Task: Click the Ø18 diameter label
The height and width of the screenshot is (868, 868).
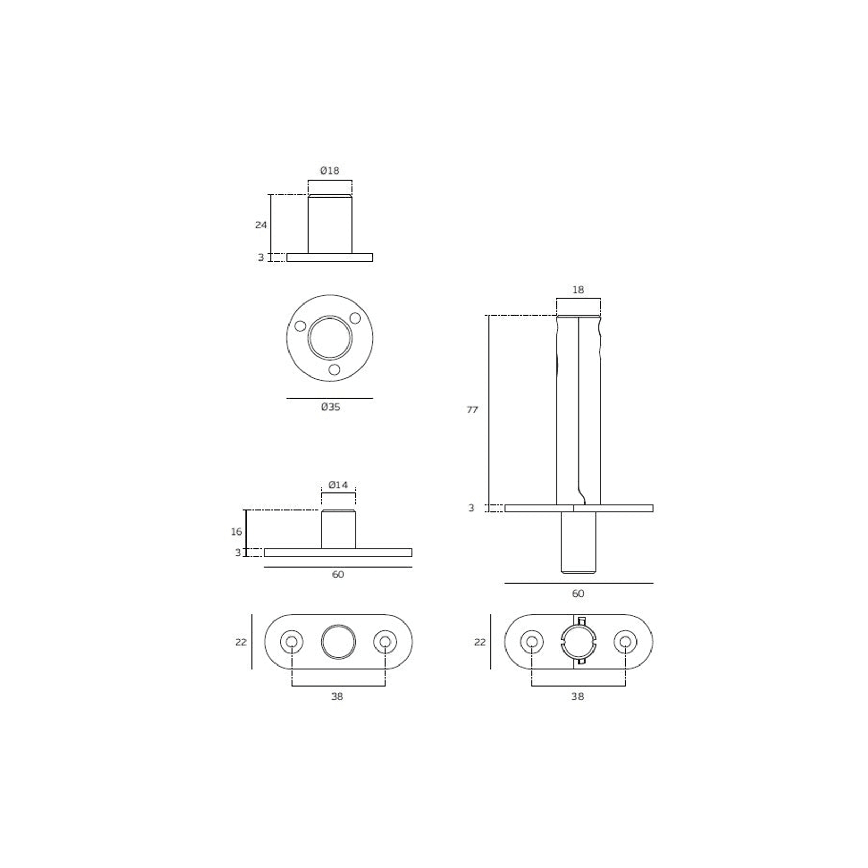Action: coord(329,170)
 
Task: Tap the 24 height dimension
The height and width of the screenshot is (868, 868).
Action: coord(261,225)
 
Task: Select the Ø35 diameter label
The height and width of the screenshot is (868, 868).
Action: coord(330,407)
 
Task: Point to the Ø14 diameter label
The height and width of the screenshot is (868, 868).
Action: coord(338,485)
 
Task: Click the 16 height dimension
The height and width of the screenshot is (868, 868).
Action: coord(236,531)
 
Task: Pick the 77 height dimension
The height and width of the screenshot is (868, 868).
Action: coord(472,410)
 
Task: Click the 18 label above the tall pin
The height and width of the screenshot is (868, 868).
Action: coord(578,290)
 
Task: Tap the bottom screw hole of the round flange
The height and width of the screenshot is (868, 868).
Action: coord(335,370)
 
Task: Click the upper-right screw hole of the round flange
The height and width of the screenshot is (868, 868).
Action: coord(355,318)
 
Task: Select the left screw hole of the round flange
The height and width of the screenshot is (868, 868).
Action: coord(300,326)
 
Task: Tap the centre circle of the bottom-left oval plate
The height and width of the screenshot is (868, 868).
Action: coord(338,642)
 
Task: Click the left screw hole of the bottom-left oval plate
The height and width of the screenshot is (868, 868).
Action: coord(292,642)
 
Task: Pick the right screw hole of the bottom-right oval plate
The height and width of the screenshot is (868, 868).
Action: coord(625,642)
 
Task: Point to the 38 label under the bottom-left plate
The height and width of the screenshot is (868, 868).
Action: coord(337,697)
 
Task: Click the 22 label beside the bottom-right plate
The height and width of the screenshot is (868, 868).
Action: coord(480,642)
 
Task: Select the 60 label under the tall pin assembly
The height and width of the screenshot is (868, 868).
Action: coord(578,594)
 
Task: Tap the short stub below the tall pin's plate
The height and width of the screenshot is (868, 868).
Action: coord(579,542)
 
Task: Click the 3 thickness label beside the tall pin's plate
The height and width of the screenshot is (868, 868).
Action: coord(471,508)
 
